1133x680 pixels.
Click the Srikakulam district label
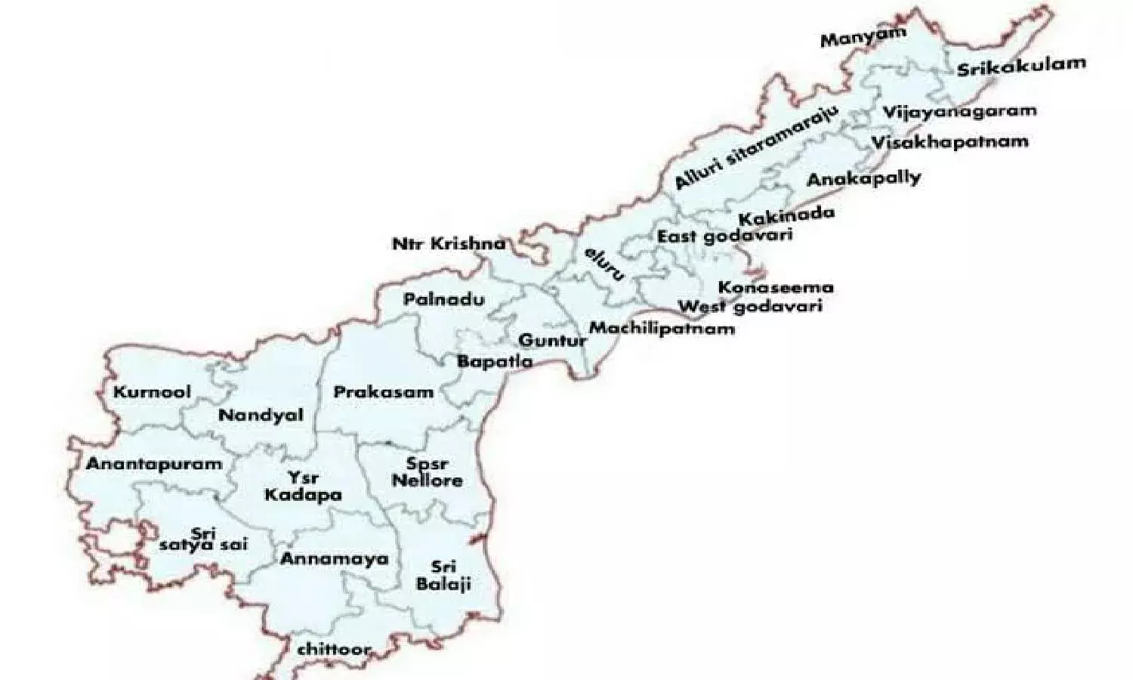click(1021, 66)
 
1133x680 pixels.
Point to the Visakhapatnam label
click(949, 142)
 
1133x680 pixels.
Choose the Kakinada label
click(786, 216)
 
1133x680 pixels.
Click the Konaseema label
click(776, 288)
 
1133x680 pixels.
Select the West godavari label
click(749, 307)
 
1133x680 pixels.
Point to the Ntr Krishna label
click(449, 244)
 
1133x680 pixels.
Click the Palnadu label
click(443, 300)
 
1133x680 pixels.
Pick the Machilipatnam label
click(662, 328)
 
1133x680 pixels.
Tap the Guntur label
click(552, 341)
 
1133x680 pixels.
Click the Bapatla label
click(495, 361)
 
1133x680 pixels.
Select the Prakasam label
click(384, 392)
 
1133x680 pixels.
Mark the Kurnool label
click(152, 392)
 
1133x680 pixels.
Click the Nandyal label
click(261, 415)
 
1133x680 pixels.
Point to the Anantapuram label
click(154, 464)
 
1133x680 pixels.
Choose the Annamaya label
click(335, 559)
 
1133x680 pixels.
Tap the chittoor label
click(334, 649)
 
